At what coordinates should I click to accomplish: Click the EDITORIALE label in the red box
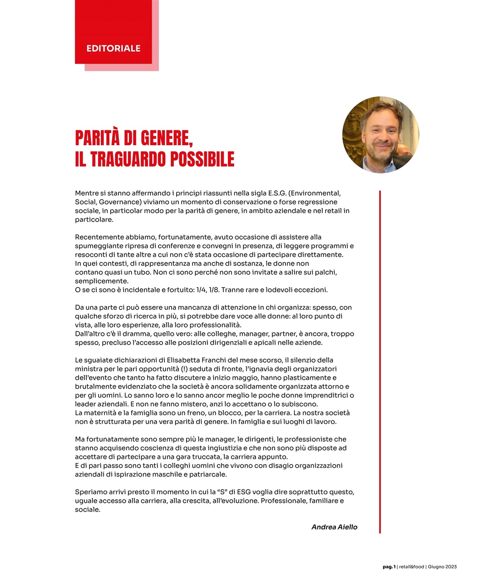click(x=113, y=48)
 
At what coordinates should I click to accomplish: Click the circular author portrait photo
click(x=380, y=134)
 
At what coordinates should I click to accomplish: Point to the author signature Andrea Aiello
click(x=334, y=527)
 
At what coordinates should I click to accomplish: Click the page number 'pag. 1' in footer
click(x=389, y=566)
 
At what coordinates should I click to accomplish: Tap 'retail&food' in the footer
click(x=411, y=566)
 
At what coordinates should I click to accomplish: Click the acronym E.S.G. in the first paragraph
click(x=277, y=193)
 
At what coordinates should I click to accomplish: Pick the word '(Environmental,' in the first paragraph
click(x=315, y=193)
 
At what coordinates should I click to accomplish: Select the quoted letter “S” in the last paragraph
click(x=222, y=492)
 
